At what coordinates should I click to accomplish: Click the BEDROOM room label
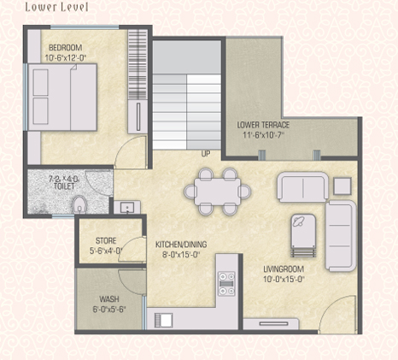pos(65,47)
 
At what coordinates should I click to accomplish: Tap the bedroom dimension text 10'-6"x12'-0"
pos(66,58)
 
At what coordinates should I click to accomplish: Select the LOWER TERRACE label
pos(263,125)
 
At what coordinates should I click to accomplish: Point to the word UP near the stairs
pos(206,154)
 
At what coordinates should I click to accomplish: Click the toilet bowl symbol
pos(79,204)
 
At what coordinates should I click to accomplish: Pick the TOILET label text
pos(64,186)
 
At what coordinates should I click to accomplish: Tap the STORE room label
pos(106,241)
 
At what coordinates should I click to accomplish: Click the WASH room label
pos(109,299)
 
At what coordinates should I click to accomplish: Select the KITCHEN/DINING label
pos(181,245)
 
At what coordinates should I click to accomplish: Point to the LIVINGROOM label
pos(284,269)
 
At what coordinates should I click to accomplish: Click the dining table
pos(218,192)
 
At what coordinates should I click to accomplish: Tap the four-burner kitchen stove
pos(226,284)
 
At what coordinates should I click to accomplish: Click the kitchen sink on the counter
pos(163,321)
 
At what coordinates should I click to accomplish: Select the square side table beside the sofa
pos(342,186)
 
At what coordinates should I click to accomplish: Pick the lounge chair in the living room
pos(303,235)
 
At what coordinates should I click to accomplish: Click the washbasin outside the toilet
pos(127,207)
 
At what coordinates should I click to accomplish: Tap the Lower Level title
pos(56,7)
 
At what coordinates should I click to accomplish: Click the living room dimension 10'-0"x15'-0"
pos(284,279)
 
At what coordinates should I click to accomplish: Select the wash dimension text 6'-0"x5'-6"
pos(109,310)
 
